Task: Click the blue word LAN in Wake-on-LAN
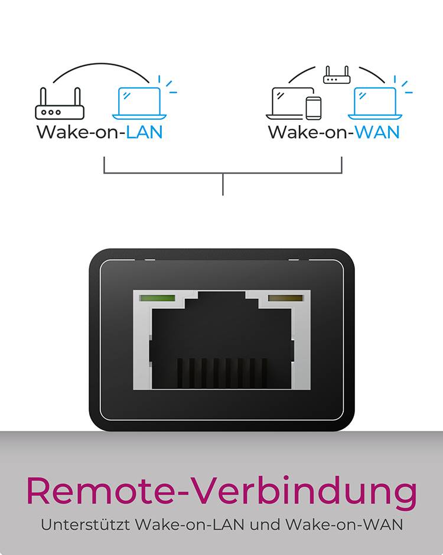tap(145, 132)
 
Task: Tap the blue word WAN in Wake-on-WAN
tap(376, 132)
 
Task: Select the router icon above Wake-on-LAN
tap(60, 105)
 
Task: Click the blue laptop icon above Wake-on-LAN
tap(139, 102)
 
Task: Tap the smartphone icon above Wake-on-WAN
tap(313, 108)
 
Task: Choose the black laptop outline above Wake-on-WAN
tap(287, 102)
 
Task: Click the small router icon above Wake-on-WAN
tap(337, 76)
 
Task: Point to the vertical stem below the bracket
tap(223, 184)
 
